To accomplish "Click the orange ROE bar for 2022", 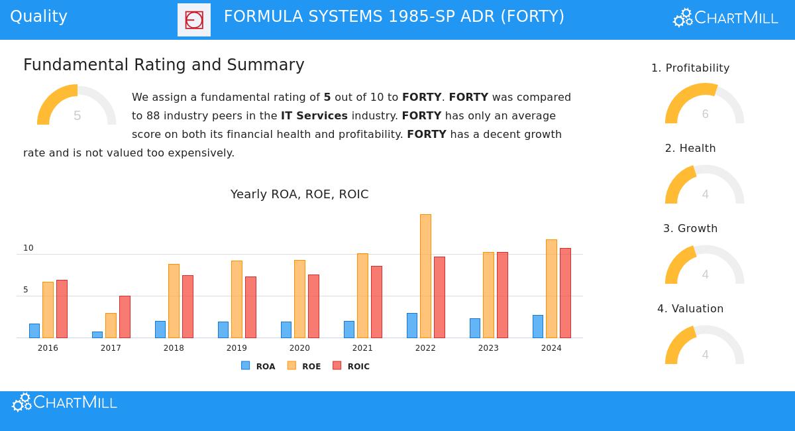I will tap(425, 276).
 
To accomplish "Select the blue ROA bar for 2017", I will tap(97, 335).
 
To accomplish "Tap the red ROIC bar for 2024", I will tap(565, 293).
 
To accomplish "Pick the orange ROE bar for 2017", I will tap(111, 326).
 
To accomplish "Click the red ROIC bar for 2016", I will tap(62, 309).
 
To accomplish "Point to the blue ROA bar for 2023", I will tap(475, 328).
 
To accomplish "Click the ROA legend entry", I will tap(258, 366).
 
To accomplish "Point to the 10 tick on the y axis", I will tap(28, 248).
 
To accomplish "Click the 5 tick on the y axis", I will tap(26, 290).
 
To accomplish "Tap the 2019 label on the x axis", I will tap(237, 348).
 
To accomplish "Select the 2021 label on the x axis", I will tap(362, 348).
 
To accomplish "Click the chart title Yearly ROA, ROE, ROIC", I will tap(299, 194).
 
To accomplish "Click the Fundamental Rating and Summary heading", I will tap(164, 65).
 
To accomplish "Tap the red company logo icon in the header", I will tap(194, 20).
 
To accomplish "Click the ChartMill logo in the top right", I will tap(725, 18).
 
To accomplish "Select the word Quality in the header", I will tap(38, 17).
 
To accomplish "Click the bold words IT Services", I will tap(314, 116).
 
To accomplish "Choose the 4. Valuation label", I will tap(690, 309).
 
